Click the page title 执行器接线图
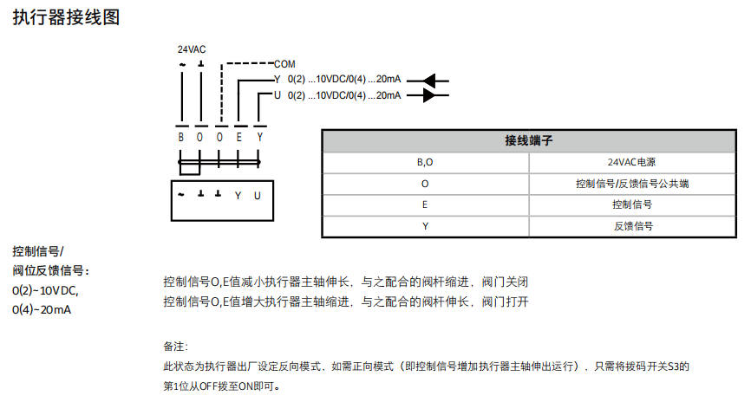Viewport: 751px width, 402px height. pos(66,18)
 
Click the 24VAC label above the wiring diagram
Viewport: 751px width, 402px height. pos(192,49)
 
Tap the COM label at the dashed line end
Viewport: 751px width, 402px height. pos(284,64)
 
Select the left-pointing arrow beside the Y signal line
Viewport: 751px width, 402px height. pos(434,81)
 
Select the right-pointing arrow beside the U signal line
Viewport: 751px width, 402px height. pos(434,95)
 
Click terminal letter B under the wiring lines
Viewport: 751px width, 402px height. pos(181,137)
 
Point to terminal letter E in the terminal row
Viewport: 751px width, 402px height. pos(239,137)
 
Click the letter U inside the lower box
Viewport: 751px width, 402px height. pos(258,196)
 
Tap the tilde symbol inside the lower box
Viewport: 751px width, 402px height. pos(181,195)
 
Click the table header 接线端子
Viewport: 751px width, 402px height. pos(529,139)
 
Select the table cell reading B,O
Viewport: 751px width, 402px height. pos(425,162)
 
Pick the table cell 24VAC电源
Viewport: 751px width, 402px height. pos(632,162)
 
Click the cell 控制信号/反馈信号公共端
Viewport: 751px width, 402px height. pos(632,184)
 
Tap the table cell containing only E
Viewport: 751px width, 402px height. pos(425,204)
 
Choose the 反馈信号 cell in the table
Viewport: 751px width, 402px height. pos(632,225)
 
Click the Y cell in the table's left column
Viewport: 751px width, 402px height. pos(425,225)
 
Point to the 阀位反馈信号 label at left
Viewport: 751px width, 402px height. pos(50,270)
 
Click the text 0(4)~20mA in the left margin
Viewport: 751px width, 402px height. pos(42,308)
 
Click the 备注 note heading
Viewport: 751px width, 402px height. pos(175,346)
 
